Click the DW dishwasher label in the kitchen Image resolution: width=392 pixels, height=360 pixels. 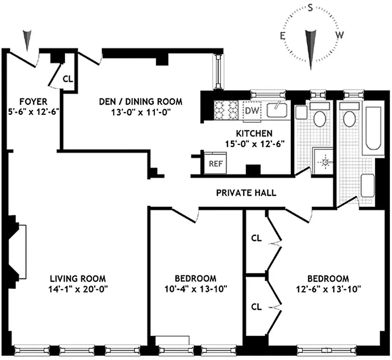[x=252, y=111]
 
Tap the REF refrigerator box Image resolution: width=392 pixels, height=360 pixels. [x=216, y=163]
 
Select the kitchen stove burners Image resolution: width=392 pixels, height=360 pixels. [x=226, y=110]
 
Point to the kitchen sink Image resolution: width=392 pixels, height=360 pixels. [x=277, y=110]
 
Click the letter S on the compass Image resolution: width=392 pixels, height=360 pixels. [x=310, y=8]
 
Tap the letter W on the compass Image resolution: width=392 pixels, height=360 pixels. [x=339, y=35]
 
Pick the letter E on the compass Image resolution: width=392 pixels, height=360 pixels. [x=283, y=36]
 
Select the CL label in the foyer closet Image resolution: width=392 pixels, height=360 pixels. [x=68, y=79]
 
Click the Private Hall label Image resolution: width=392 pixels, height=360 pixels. [x=246, y=193]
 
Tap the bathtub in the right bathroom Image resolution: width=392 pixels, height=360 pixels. [x=374, y=128]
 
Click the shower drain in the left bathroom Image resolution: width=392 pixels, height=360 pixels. [x=325, y=162]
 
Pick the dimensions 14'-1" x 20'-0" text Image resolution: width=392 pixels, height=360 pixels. [x=78, y=289]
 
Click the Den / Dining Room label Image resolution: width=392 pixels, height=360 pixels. [x=141, y=102]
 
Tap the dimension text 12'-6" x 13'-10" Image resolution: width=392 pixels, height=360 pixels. [x=329, y=289]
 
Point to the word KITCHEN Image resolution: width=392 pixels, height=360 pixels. [x=254, y=133]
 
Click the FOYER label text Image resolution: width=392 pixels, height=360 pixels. [x=33, y=102]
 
